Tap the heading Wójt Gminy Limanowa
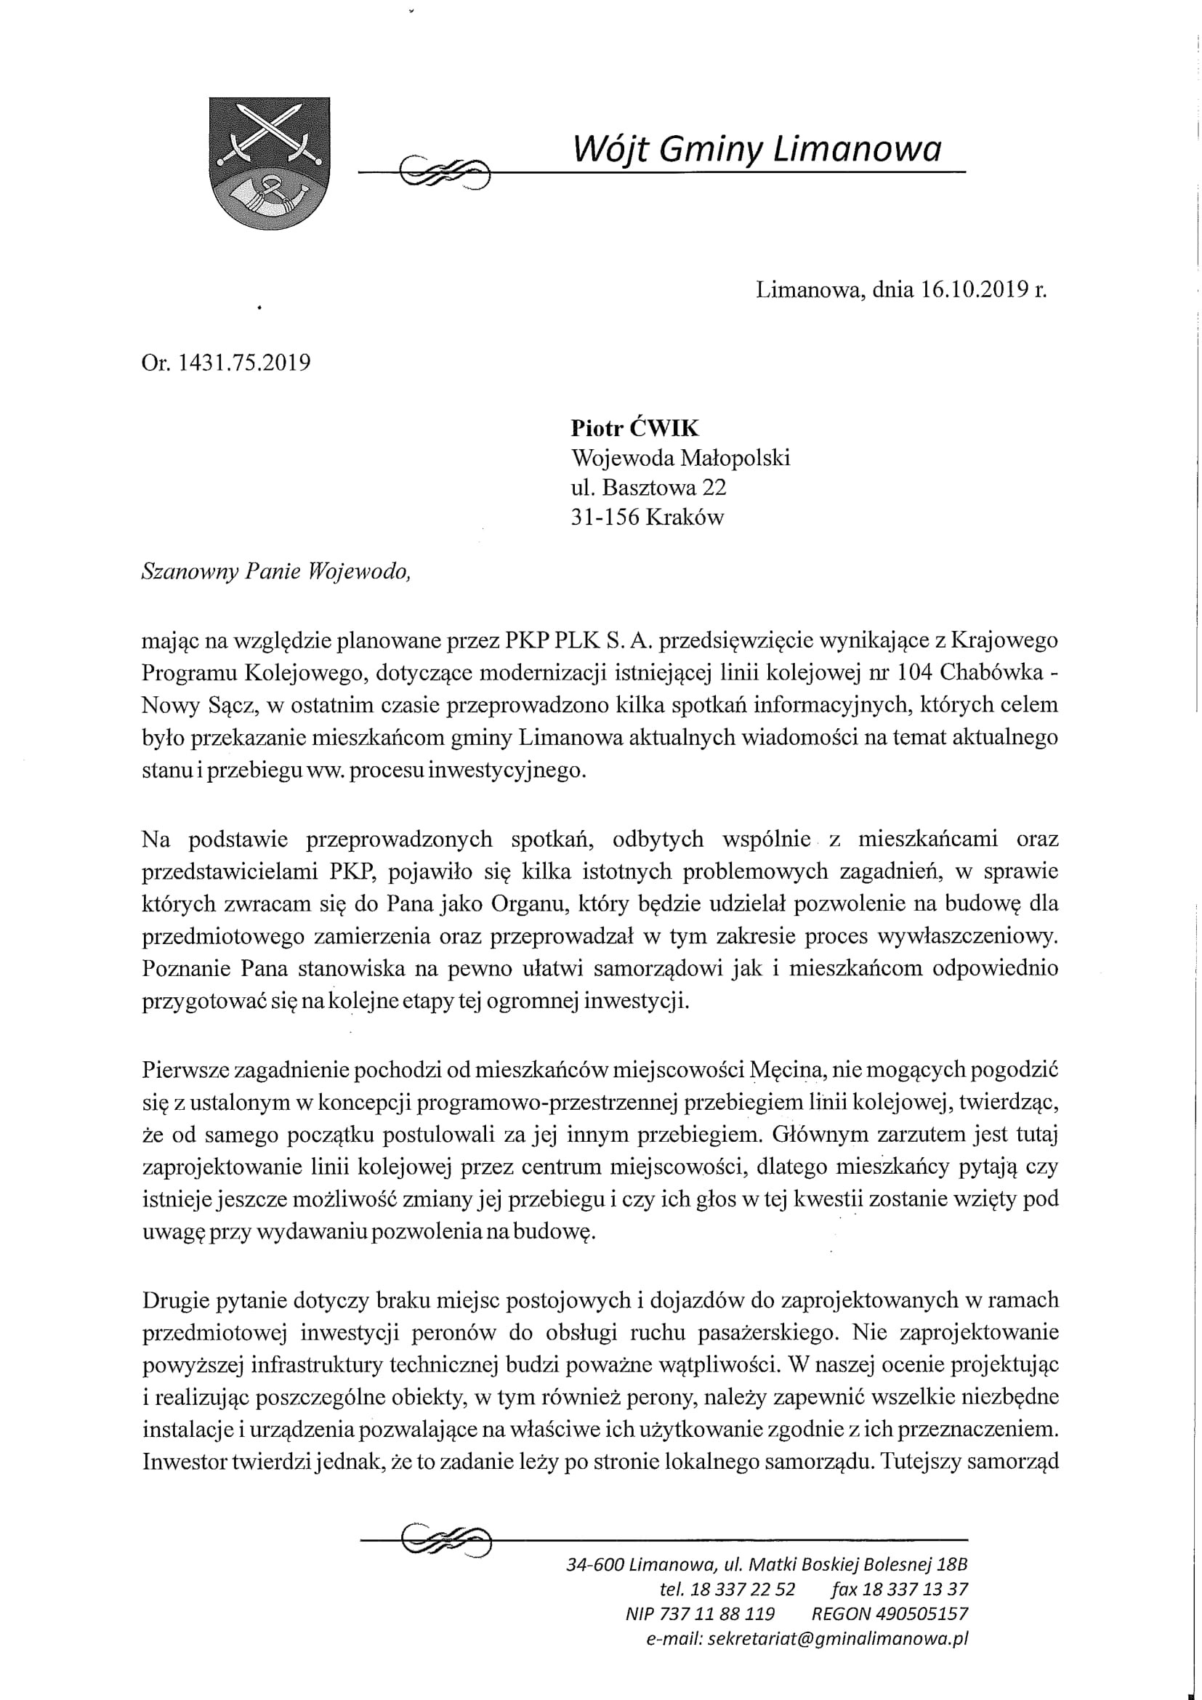(x=757, y=150)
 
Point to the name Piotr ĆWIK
(x=635, y=428)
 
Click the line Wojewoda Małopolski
(x=680, y=458)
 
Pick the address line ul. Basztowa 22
(x=648, y=487)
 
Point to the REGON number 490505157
(x=921, y=1614)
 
